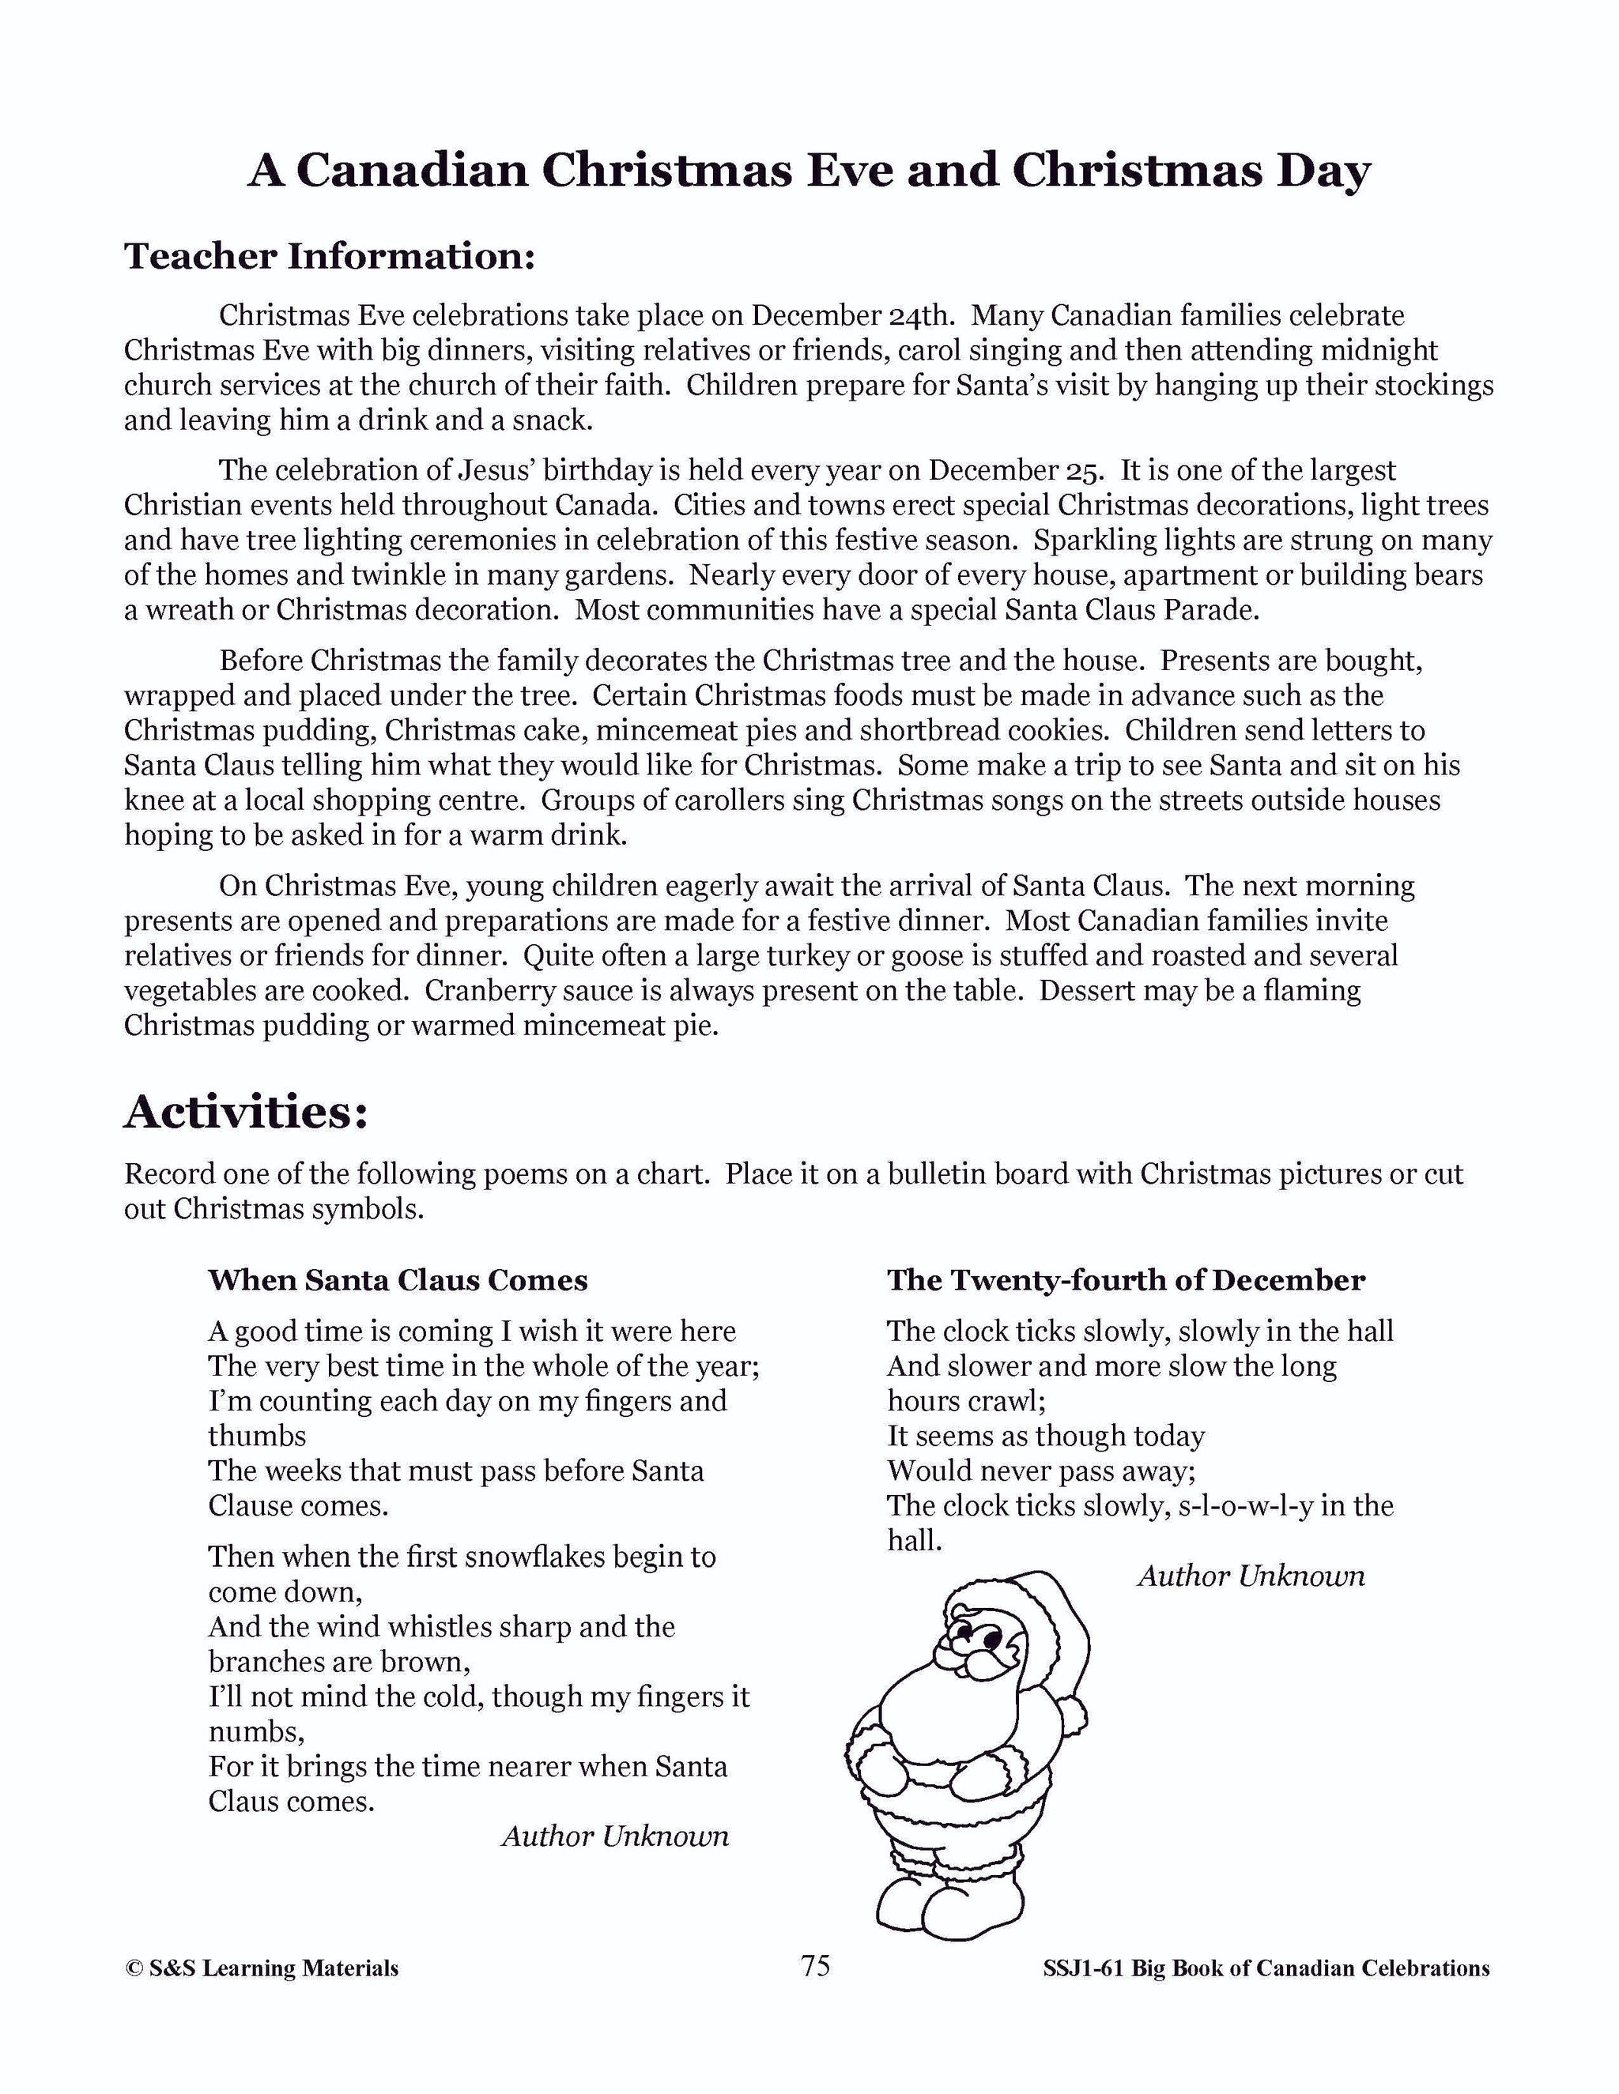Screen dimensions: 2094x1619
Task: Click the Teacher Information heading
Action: pyautogui.click(x=329, y=256)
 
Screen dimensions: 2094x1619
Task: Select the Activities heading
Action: pyautogui.click(x=246, y=1113)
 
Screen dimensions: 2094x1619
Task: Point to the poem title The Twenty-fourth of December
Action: pyautogui.click(x=1125, y=1280)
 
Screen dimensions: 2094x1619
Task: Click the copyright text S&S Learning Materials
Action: pyautogui.click(x=262, y=1968)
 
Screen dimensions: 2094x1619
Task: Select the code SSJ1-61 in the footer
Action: pyautogui.click(x=1084, y=1968)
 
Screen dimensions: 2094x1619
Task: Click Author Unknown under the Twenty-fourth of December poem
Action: pyautogui.click(x=1251, y=1576)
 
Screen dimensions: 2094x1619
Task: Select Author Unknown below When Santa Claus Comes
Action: pyautogui.click(x=615, y=1836)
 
